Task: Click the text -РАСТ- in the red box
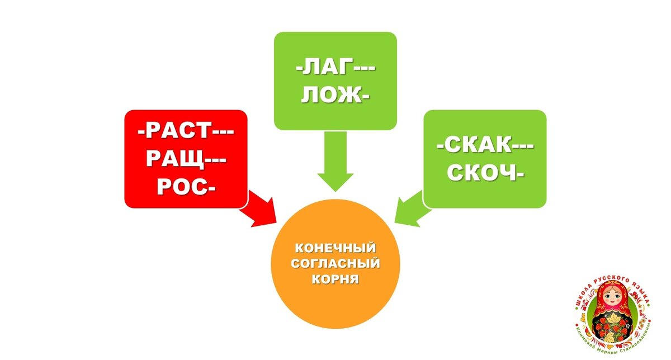185,132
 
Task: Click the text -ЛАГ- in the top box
335,70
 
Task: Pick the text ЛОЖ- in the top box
335,96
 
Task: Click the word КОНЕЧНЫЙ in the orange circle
335,247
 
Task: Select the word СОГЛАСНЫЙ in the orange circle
335,262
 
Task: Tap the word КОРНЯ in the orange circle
335,277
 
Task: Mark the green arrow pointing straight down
335,162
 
